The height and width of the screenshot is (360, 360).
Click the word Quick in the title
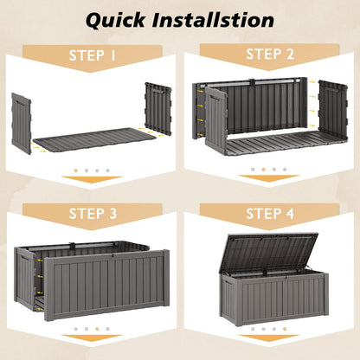(x=115, y=20)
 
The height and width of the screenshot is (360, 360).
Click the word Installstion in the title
(x=213, y=20)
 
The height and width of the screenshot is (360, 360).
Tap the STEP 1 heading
(x=93, y=55)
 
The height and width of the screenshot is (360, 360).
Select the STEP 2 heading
(x=270, y=54)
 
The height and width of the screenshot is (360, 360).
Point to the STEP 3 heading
(x=93, y=214)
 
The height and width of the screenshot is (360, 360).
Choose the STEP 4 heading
(x=270, y=214)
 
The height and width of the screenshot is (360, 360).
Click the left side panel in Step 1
(x=22, y=124)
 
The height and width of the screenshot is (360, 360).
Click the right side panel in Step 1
(x=158, y=108)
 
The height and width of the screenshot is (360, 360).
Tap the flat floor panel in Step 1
(x=94, y=139)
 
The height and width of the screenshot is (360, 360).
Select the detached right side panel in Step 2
(x=333, y=111)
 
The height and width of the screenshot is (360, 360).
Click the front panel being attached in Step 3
(x=106, y=286)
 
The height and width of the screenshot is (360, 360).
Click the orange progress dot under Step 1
(x=76, y=170)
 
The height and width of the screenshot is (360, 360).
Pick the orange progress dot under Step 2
(x=263, y=170)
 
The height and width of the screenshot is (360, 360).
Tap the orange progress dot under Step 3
(x=97, y=329)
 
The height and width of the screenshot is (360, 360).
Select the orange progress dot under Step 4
(x=285, y=329)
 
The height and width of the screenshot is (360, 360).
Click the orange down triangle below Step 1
(x=92, y=179)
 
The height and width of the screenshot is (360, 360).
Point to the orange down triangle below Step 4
(x=269, y=338)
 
